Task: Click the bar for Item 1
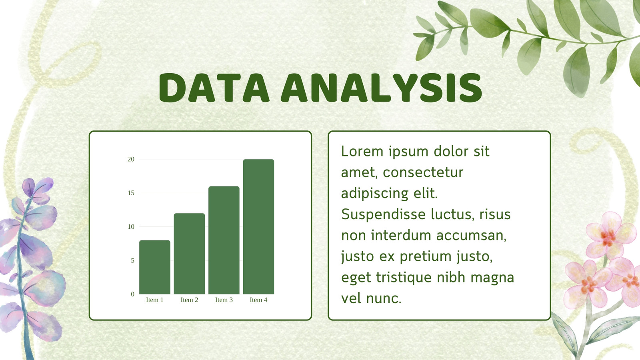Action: coord(154,267)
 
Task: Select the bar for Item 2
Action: coord(190,254)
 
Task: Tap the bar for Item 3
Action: coord(224,240)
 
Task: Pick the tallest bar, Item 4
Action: coord(258,226)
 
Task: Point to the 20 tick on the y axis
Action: coord(131,159)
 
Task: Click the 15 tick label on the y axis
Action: coord(131,193)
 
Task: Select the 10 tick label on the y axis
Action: coord(131,227)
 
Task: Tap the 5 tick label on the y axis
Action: coord(132,260)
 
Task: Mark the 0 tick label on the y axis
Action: coord(132,294)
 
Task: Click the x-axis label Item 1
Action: coord(154,300)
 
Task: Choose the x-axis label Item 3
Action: coord(224,300)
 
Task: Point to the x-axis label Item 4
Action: coord(258,300)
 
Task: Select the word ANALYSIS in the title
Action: coord(382,88)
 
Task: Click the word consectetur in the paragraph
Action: coord(423,172)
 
